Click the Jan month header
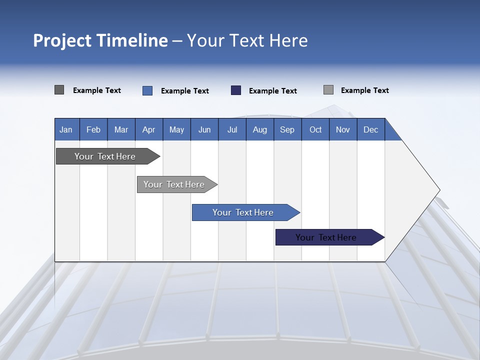point(66,129)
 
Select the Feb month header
point(93,129)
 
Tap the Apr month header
point(149,129)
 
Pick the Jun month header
point(204,129)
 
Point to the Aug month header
point(260,129)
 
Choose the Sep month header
point(287,129)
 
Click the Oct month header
point(315,129)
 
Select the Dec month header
point(371,129)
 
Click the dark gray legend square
point(59,90)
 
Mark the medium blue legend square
point(147,90)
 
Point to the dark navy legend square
point(236,90)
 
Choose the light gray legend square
point(328,90)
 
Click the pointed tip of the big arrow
point(438,190)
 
